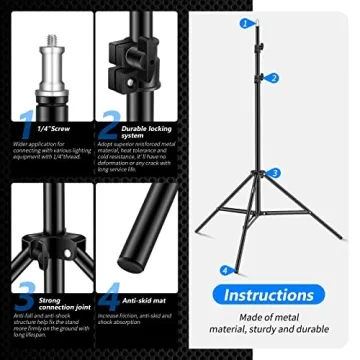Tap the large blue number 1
click(x=25, y=127)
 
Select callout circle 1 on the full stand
click(x=245, y=22)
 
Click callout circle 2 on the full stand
click(x=274, y=77)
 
